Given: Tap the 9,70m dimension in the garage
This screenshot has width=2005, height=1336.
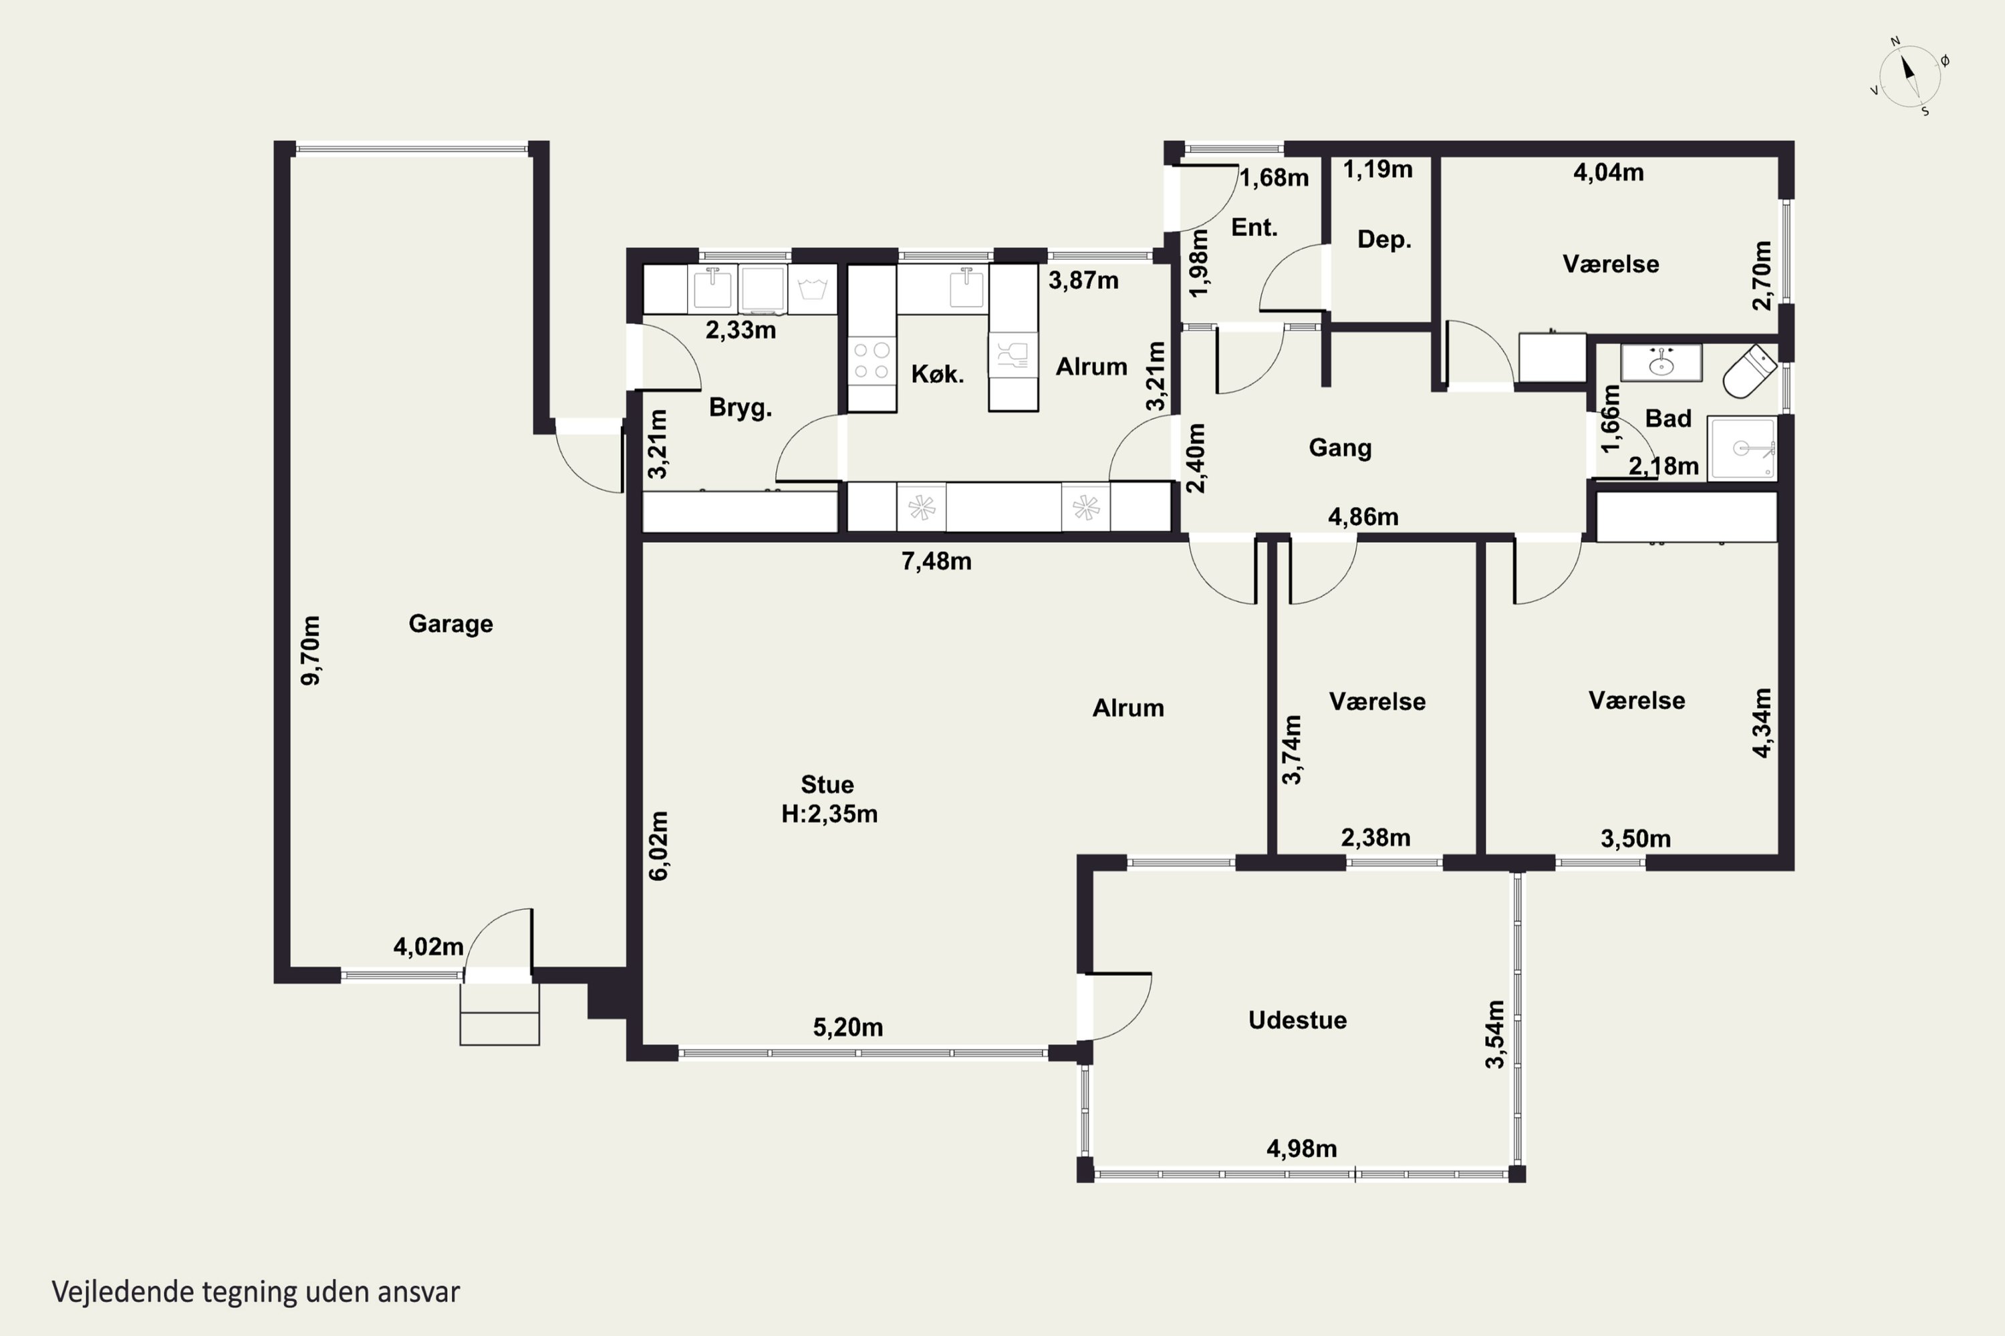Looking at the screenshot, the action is click(x=311, y=650).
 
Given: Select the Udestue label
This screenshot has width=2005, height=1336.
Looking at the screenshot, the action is click(x=1297, y=1020).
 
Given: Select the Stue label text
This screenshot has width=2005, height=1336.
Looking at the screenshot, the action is click(x=827, y=784).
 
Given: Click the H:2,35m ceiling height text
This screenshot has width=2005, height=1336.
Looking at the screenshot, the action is click(x=829, y=814).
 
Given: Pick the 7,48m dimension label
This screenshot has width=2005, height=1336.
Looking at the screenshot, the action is click(x=936, y=560).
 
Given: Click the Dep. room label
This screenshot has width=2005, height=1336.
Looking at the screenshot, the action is click(x=1384, y=239).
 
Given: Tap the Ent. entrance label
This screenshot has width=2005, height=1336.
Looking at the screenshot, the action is click(x=1254, y=228).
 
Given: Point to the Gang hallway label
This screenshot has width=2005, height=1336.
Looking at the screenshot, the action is click(x=1340, y=448).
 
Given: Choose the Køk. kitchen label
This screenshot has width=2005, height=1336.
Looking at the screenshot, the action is click(x=937, y=374).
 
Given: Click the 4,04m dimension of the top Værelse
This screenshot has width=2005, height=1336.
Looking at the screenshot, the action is click(x=1608, y=172).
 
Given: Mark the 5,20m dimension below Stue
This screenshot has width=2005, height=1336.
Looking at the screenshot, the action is click(x=847, y=1027).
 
